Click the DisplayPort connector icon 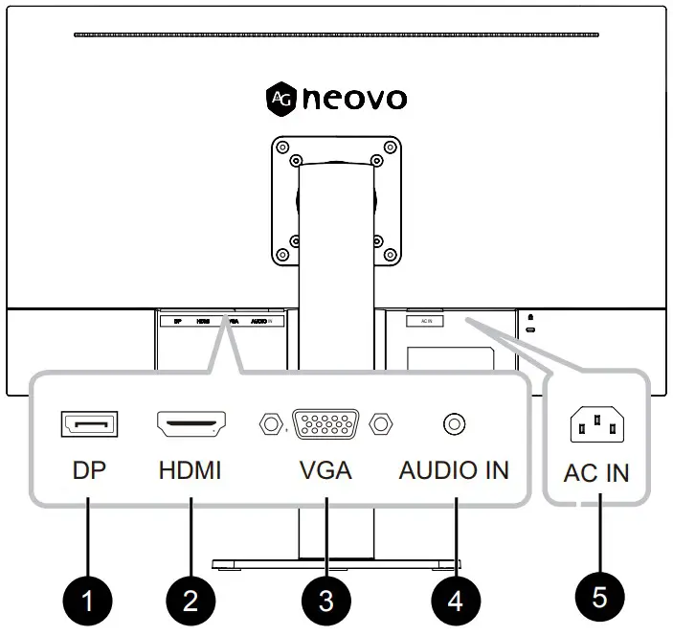(90, 422)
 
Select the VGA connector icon (325, 422)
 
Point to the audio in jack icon (455, 422)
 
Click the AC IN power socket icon (595, 424)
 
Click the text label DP (89, 470)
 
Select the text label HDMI (190, 470)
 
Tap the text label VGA (325, 470)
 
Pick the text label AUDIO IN (454, 470)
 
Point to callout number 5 (599, 597)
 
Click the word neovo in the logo (354, 98)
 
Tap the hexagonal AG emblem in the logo (280, 98)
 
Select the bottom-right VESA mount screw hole (389, 255)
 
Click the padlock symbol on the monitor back (530, 318)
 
